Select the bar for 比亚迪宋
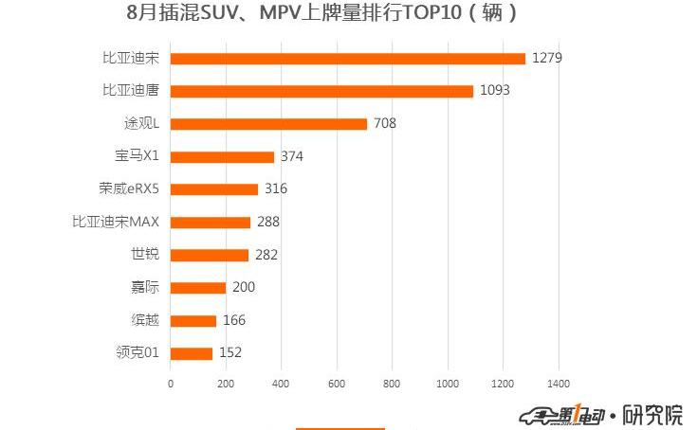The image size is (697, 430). pos(347,59)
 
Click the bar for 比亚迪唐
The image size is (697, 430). pos(321,91)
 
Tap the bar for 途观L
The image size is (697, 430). pos(268,124)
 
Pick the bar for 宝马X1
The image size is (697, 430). pos(222,157)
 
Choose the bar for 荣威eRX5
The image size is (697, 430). pos(214,189)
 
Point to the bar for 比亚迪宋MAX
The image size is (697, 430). pos(211,223)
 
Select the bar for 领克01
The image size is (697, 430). pos(192,353)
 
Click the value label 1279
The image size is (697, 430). pos(547,59)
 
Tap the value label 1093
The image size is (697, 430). pos(495,91)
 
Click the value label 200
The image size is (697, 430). pos(244,288)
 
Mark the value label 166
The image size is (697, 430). pos(233,320)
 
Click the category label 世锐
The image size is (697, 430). pos(144,255)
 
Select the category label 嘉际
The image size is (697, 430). pos(144,288)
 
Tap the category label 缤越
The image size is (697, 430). pos(144,320)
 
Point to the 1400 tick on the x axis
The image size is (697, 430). pos(558,384)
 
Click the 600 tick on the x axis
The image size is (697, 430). pos(337,384)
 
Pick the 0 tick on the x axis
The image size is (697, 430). pos(171,384)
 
